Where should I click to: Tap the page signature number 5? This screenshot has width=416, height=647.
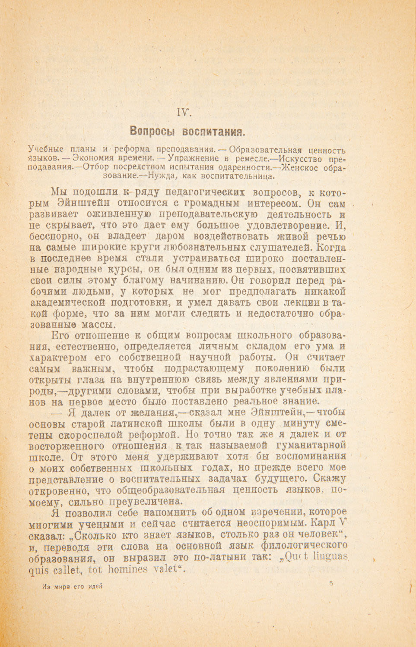coord(330,583)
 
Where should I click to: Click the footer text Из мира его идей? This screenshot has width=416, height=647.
coord(72,587)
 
